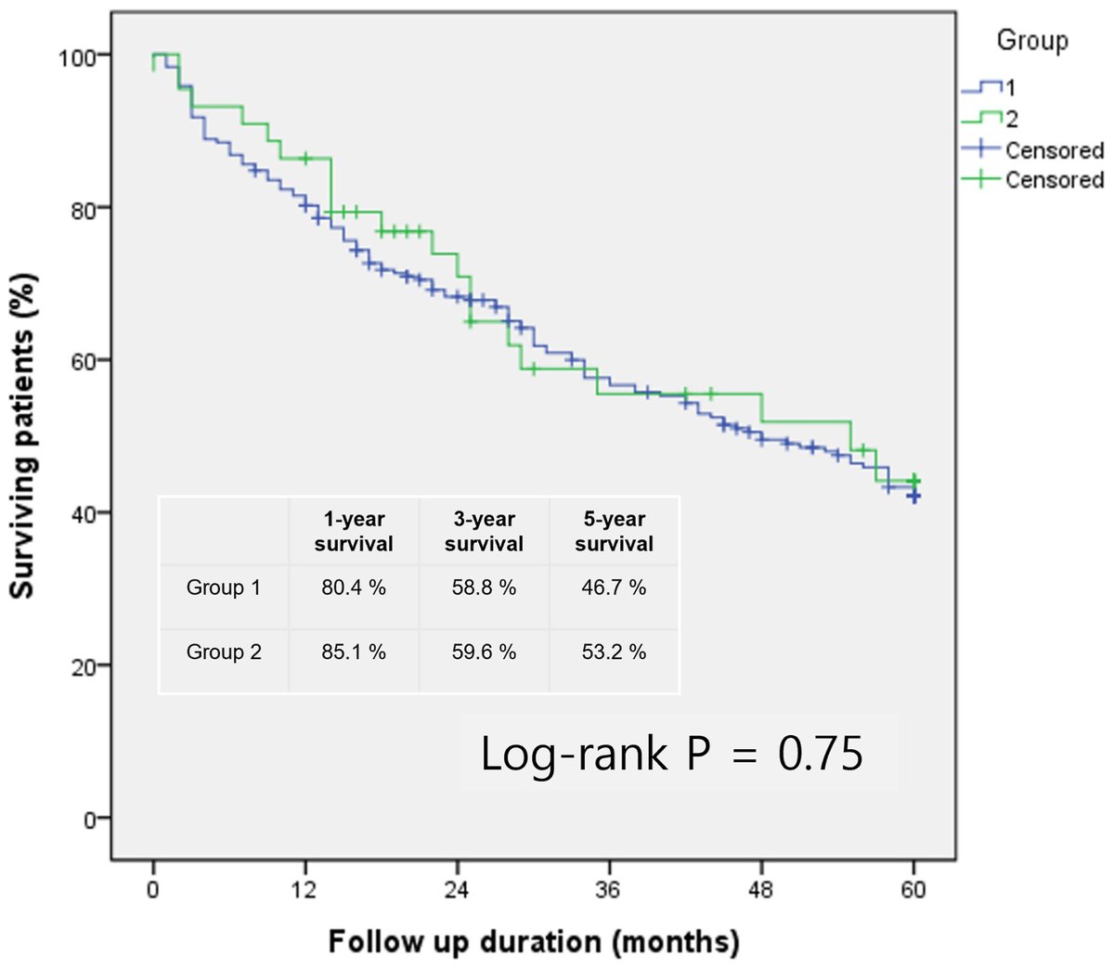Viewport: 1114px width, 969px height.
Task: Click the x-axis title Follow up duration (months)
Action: pos(534,941)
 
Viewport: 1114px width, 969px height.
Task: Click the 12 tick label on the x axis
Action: pos(304,889)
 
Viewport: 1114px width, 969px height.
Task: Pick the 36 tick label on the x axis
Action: pos(609,889)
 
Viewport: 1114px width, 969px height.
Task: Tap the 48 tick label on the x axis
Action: pos(761,889)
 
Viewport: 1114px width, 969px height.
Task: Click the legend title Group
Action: pos(1031,41)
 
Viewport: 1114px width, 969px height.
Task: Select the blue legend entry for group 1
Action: pos(988,88)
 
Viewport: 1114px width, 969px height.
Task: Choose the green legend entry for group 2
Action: pos(988,119)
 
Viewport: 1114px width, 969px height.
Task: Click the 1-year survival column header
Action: pos(354,532)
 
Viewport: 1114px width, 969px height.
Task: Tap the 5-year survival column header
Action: pos(614,532)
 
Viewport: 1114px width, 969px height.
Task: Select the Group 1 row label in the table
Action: pos(224,588)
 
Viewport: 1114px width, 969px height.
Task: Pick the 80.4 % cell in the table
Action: pos(354,588)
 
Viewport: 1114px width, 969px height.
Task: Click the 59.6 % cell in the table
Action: pos(484,652)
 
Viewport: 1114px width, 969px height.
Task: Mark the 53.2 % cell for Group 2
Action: pos(614,652)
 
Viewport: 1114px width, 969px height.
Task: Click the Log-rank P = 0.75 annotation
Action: pos(671,754)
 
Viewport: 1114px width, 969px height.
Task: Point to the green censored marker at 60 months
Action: pos(913,481)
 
